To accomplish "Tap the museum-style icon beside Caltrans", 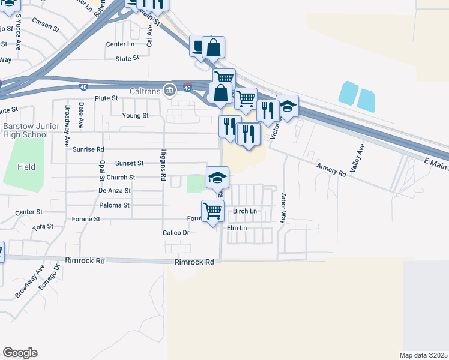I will click(170, 90).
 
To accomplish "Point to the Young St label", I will click(135, 116).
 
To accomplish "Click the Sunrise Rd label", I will click(88, 149).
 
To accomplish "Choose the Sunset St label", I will click(130, 163).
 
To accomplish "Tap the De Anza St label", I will click(114, 191).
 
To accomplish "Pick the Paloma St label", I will click(114, 205).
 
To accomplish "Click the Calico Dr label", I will click(176, 233).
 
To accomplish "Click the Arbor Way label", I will click(284, 208).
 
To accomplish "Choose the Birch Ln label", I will click(245, 211).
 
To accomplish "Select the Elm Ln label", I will click(237, 228).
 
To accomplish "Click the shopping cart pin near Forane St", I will click(212, 211).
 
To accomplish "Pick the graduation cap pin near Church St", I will click(217, 177).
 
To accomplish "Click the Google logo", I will click(20, 352).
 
